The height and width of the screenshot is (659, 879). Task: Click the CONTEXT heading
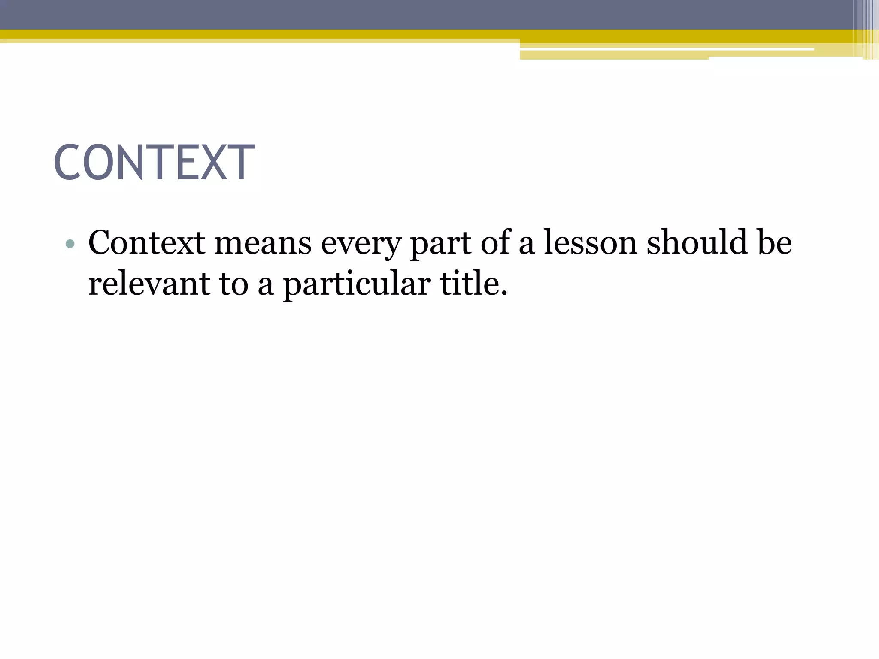pos(155,163)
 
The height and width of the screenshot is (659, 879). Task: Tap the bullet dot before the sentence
pos(70,245)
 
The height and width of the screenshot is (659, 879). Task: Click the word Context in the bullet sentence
pos(146,243)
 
